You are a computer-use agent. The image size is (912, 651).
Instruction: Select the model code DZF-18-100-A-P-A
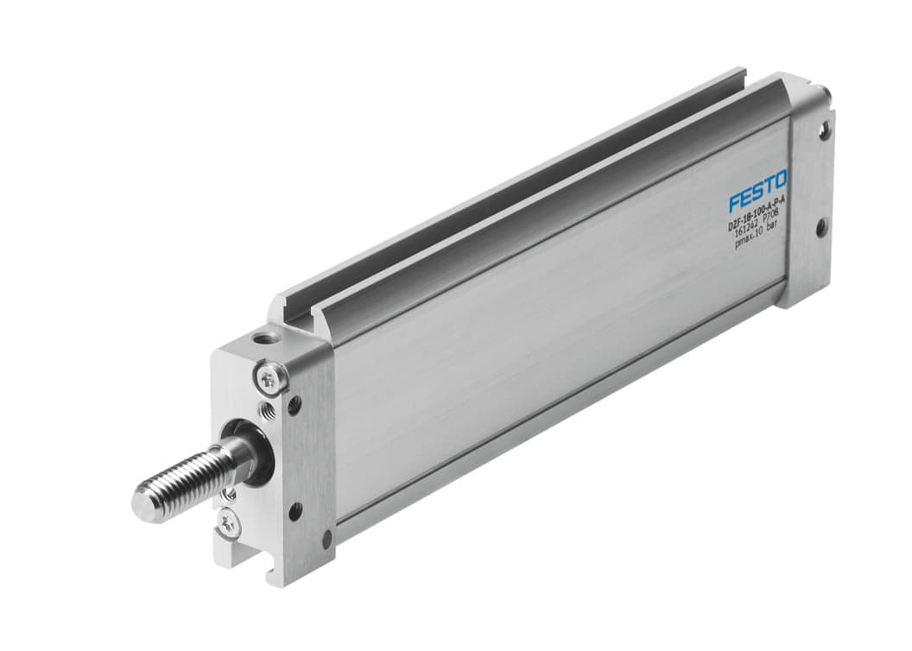point(757,224)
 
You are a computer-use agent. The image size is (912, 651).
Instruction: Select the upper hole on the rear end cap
point(825,132)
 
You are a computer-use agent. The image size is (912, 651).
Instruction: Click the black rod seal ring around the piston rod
point(257,449)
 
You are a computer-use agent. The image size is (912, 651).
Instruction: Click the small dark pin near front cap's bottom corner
point(326,540)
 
